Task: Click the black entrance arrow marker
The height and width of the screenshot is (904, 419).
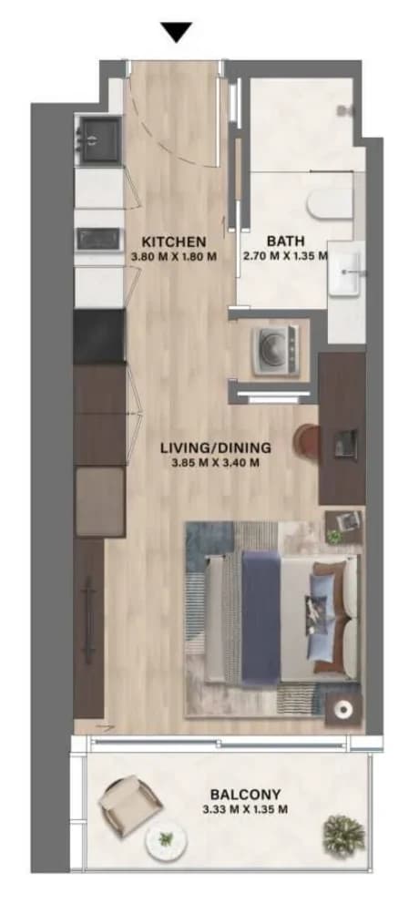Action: tap(176, 32)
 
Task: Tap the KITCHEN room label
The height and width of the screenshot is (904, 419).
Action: tap(173, 241)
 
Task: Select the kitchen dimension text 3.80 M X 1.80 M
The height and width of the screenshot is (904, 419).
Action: tap(173, 257)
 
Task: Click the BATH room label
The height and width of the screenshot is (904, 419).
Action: tap(285, 241)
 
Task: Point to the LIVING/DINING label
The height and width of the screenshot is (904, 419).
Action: tap(216, 447)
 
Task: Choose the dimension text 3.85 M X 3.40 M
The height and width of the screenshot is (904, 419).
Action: tap(216, 462)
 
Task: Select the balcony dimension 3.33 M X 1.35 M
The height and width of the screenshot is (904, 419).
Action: tap(246, 809)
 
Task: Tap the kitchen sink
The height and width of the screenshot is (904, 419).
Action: tap(100, 140)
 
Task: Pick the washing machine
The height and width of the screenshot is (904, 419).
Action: tap(275, 351)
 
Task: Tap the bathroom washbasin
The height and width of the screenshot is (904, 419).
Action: tap(347, 272)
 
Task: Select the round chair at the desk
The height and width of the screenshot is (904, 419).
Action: tap(306, 442)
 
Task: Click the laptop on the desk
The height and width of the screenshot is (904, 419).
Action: tap(346, 444)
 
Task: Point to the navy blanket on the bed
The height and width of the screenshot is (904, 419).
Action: tap(261, 616)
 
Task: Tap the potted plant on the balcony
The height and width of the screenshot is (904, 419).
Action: tap(344, 835)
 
